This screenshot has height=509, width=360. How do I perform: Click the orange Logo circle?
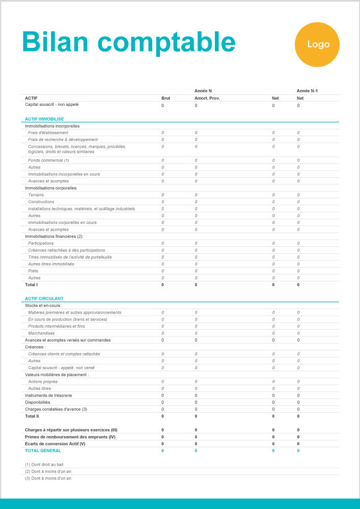click(x=317, y=44)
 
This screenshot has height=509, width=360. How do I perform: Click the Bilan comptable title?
click(x=128, y=41)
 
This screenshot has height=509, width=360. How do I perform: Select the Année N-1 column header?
click(x=307, y=91)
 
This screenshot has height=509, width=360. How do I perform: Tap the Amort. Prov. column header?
click(x=207, y=98)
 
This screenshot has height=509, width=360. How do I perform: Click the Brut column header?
click(x=165, y=98)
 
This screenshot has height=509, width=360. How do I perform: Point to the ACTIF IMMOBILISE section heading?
click(x=44, y=119)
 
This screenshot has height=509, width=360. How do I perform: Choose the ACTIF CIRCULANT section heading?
click(x=44, y=298)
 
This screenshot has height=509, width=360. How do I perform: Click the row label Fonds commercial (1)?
click(x=48, y=160)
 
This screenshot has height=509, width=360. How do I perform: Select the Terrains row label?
click(x=36, y=195)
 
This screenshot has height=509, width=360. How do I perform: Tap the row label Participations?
click(x=41, y=243)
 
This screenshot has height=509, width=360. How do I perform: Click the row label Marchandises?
click(x=41, y=333)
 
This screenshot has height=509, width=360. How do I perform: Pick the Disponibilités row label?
click(x=38, y=402)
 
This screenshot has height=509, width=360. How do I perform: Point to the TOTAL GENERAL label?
click(x=43, y=450)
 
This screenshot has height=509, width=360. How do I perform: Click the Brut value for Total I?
click(x=162, y=285)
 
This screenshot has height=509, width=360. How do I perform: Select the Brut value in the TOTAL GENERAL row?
click(x=162, y=450)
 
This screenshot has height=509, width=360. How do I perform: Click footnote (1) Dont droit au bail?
click(x=44, y=465)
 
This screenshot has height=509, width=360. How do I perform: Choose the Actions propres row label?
click(x=43, y=382)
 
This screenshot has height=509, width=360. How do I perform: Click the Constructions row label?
click(x=41, y=202)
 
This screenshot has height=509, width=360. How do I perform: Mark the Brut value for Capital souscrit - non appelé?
click(x=162, y=106)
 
